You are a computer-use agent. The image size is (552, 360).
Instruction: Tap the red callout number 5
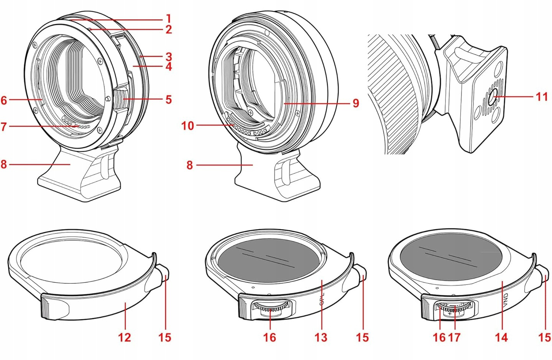169,100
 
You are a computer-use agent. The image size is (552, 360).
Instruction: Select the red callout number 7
4,126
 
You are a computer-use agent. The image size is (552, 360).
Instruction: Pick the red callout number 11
541,96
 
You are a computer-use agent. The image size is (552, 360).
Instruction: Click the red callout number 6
4,100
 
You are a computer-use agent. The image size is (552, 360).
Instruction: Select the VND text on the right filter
506,298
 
